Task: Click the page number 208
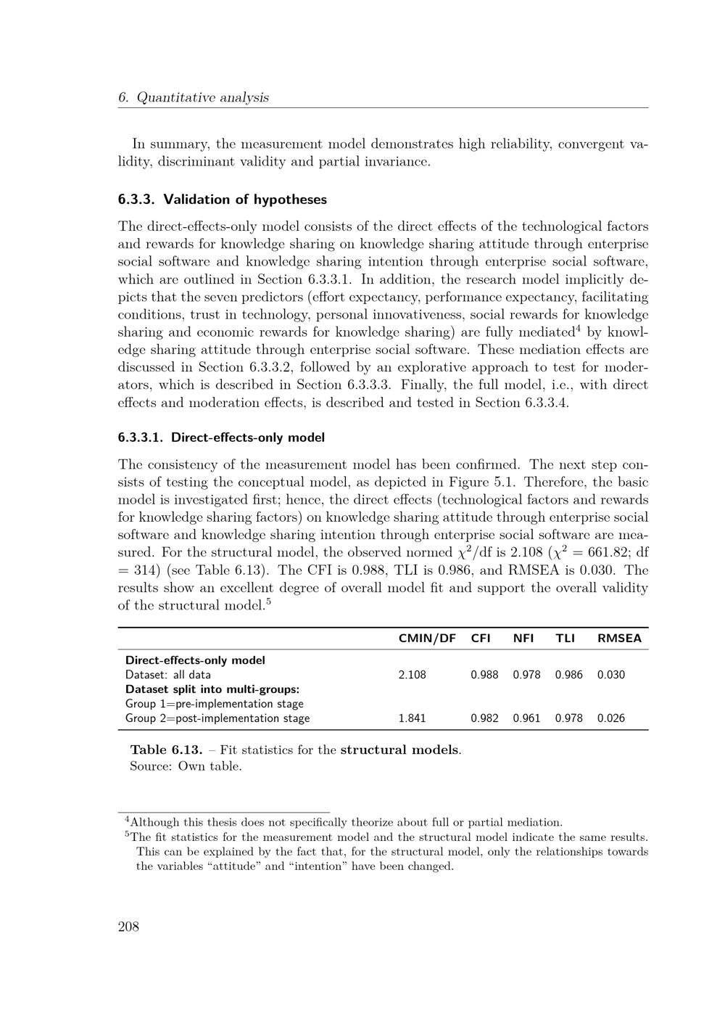coord(128,927)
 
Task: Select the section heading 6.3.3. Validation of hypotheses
coord(223,200)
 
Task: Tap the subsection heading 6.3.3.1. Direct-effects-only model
coord(221,438)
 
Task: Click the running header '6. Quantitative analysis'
coord(194,97)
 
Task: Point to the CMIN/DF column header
coord(427,639)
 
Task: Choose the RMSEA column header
coord(619,639)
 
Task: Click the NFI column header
coord(523,639)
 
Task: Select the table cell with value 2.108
coord(413,675)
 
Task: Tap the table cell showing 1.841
coord(413,718)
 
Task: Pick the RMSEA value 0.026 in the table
coord(611,718)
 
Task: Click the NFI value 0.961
coord(527,718)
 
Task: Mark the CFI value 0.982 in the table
coord(484,718)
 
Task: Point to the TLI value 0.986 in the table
coord(569,675)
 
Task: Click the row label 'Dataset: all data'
coord(168,675)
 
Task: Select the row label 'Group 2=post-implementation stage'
coord(217,718)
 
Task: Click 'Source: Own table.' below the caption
coord(186,766)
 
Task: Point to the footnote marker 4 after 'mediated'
coord(579,329)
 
